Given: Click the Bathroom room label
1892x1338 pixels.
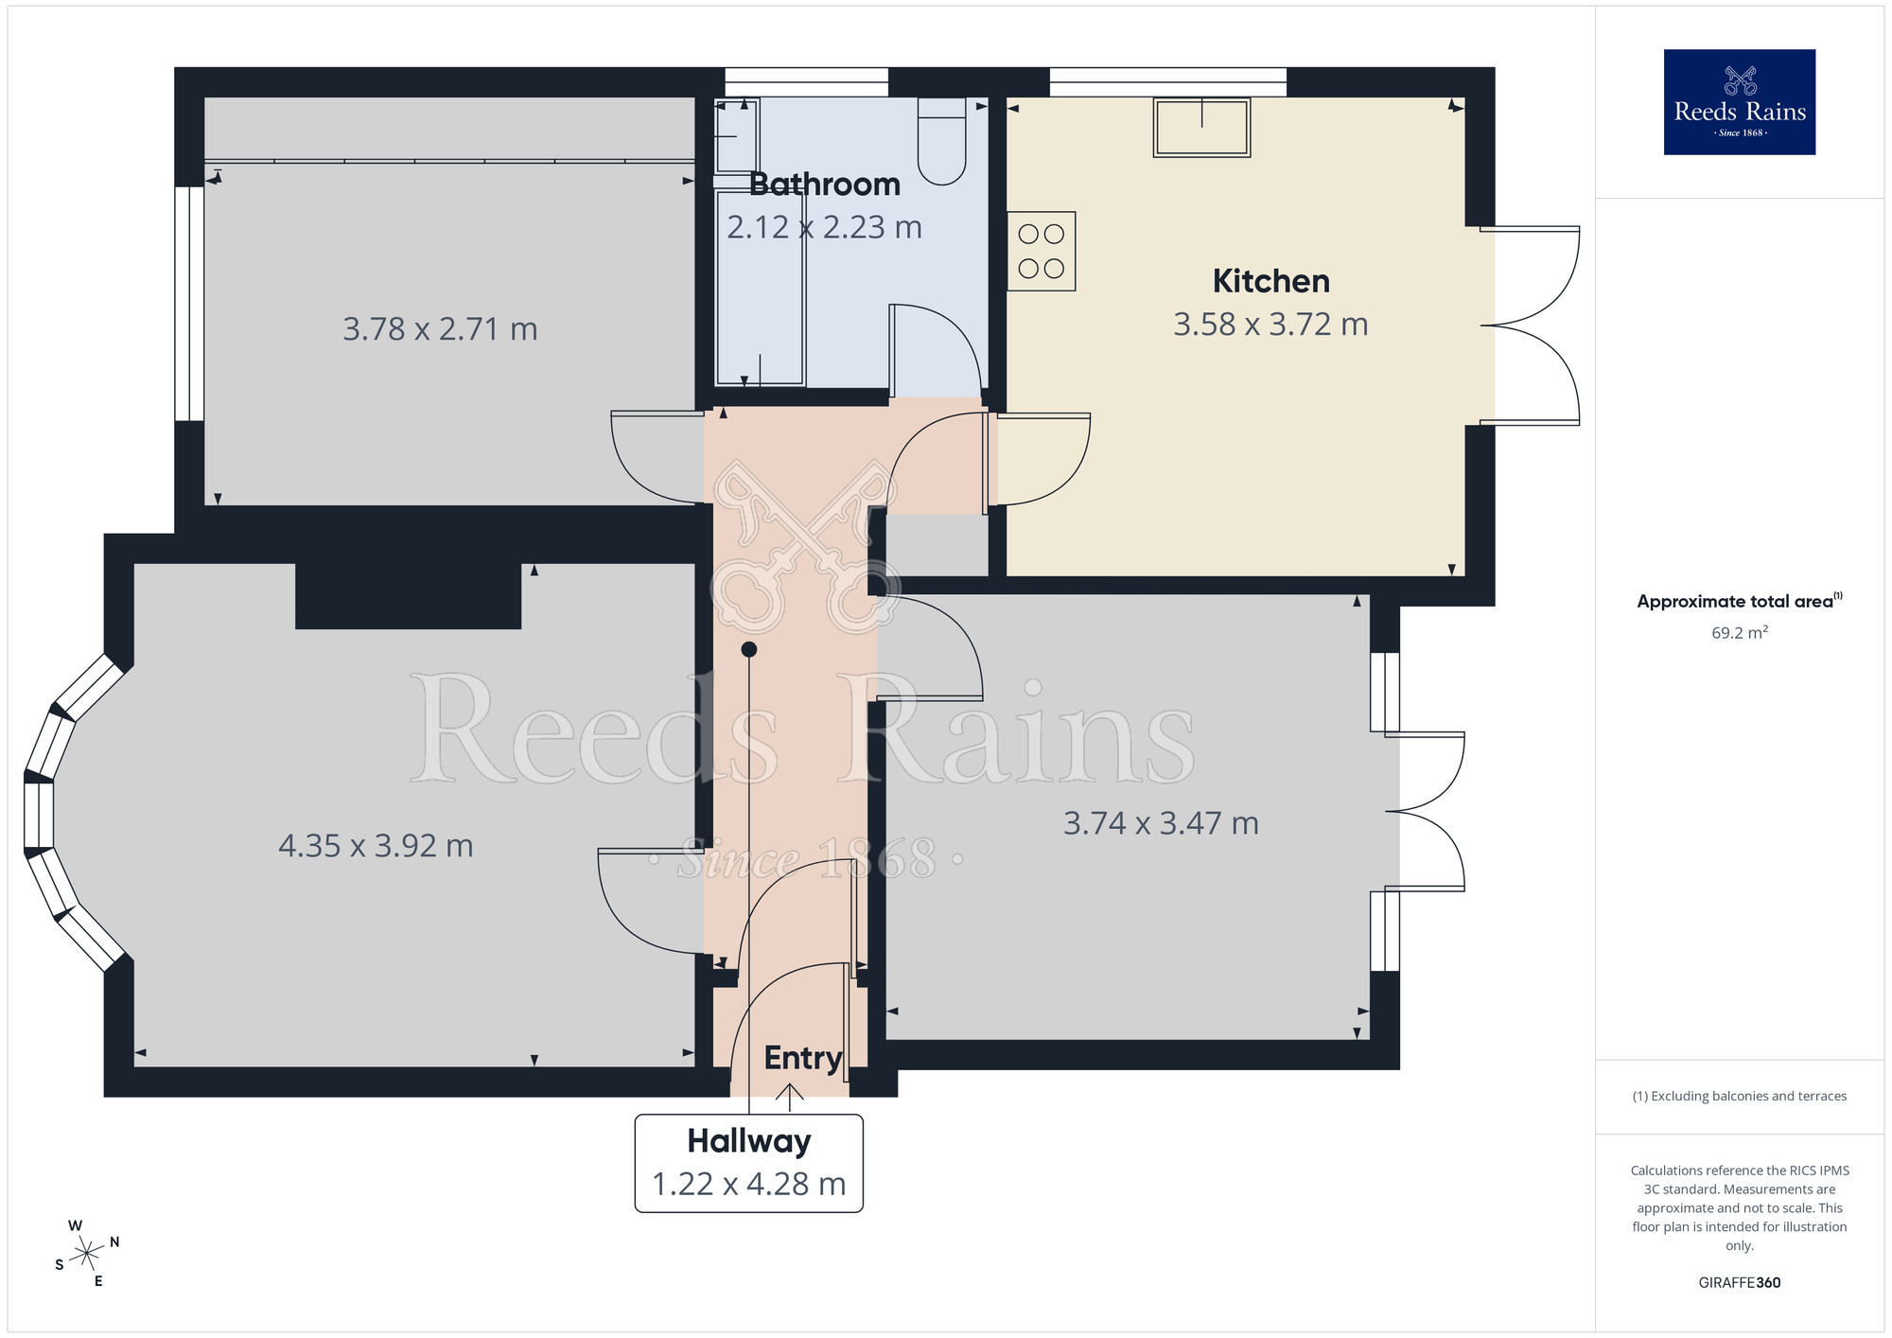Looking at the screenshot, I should click(824, 185).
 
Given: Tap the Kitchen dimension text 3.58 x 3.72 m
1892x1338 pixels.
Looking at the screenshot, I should click(1270, 325).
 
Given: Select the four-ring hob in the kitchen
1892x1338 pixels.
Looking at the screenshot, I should click(1041, 251).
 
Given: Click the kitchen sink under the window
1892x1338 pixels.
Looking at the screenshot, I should click(1201, 128).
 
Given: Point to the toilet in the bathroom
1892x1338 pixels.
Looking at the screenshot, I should click(941, 142).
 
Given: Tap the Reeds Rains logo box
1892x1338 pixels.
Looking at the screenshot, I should click(1739, 102).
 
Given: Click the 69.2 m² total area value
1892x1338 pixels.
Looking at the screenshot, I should click(1739, 633).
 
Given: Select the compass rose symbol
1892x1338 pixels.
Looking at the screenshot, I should click(87, 1255).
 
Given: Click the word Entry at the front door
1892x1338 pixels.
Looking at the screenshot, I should click(802, 1058).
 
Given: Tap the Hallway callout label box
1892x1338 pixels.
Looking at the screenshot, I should click(748, 1163).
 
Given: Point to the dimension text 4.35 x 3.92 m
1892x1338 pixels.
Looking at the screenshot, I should click(376, 846).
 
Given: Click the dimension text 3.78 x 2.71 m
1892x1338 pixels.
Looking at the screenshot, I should click(440, 329).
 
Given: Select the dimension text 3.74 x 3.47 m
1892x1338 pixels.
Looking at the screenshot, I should click(1161, 823).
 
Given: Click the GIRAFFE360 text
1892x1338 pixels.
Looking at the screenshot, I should click(1739, 1283).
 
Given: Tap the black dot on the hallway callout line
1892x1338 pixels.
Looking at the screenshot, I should click(749, 649).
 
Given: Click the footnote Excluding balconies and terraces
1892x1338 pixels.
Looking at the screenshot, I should click(1739, 1097).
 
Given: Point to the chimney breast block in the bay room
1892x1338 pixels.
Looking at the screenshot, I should click(408, 596).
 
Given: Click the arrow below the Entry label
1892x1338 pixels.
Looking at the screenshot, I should click(790, 1097).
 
